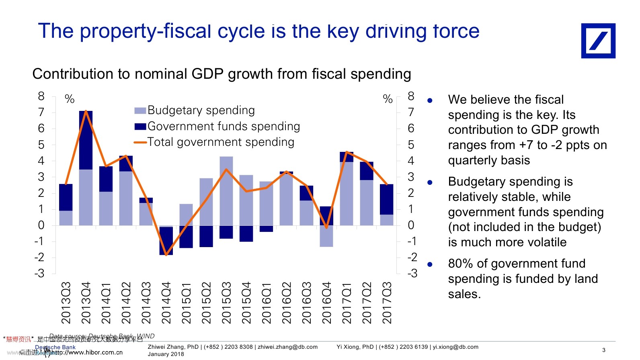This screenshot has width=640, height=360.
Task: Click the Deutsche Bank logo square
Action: [598, 41]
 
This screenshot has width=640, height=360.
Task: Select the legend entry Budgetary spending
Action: [201, 110]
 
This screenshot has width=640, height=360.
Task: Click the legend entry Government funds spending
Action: [224, 126]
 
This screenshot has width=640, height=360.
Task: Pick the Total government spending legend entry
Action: [221, 142]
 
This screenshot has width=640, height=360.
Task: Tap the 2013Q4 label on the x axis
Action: [86, 303]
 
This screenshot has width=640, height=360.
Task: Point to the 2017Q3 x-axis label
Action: [386, 303]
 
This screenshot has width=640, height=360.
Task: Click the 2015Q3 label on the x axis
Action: [226, 303]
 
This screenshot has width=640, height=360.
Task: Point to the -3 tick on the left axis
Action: [39, 274]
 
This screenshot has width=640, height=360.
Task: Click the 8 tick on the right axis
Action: [411, 96]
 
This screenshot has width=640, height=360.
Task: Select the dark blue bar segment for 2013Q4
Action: [86, 140]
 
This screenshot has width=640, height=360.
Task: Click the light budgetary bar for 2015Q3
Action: [226, 191]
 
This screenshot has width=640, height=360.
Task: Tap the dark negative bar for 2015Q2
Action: [206, 236]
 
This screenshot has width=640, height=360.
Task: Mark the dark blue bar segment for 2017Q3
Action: [386, 199]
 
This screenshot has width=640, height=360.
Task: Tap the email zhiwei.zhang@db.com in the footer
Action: [287, 347]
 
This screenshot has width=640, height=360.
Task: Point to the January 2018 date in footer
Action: [166, 354]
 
